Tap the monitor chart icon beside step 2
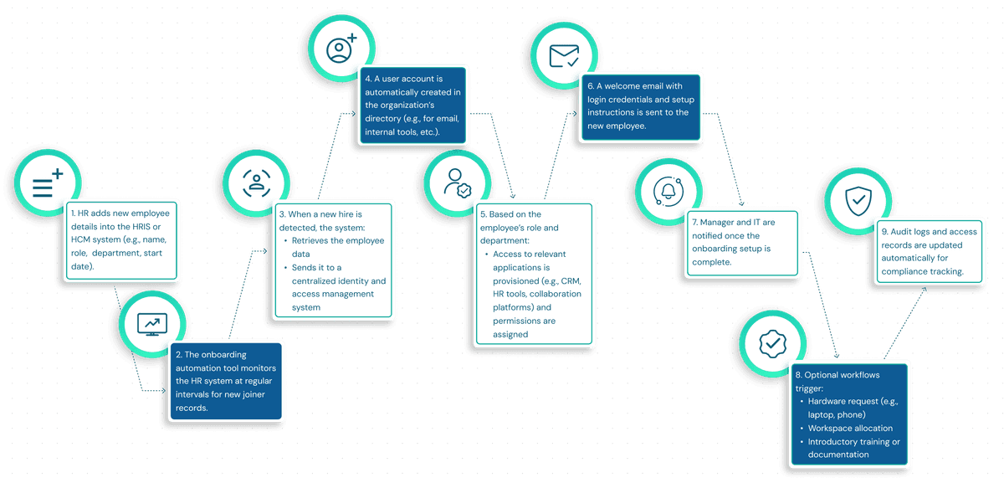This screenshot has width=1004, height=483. tap(151, 323)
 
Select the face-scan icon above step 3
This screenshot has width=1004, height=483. tap(256, 184)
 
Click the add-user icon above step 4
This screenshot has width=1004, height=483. tap(341, 47)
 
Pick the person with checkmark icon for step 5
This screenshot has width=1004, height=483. tap(457, 182)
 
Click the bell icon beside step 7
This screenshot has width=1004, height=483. tap(668, 191)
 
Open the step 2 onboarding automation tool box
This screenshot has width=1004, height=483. tap(226, 381)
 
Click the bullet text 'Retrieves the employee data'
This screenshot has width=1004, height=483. tap(338, 247)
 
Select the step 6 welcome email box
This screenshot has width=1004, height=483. tap(642, 106)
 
